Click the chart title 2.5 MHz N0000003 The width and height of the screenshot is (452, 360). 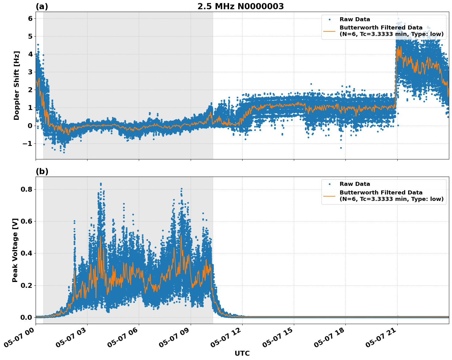click(240, 6)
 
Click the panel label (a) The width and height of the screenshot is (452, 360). click(42, 6)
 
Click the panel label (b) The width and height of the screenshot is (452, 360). click(42, 171)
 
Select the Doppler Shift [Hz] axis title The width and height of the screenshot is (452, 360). click(17, 85)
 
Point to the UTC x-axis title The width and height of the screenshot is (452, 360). click(242, 353)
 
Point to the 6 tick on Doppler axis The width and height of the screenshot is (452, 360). click(30, 18)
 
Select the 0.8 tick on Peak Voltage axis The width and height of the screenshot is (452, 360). click(27, 189)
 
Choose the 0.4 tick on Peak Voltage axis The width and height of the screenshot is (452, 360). click(27, 253)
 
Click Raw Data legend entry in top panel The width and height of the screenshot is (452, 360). click(355, 19)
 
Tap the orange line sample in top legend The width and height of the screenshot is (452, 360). click(329, 31)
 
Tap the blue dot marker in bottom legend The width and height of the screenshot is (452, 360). click(329, 184)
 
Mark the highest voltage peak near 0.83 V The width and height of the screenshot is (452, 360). click(101, 184)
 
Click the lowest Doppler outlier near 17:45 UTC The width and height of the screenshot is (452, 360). click(341, 148)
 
